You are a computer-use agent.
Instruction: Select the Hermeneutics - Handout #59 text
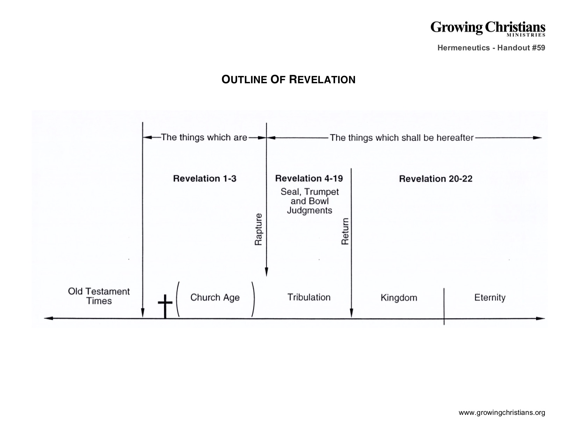coord(491,48)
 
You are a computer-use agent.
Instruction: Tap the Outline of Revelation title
coord(288,80)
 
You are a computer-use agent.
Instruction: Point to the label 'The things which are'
coord(204,137)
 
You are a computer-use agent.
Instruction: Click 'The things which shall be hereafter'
coord(401,137)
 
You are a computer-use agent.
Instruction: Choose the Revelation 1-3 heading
coord(205,178)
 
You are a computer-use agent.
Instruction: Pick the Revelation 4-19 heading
coord(309,178)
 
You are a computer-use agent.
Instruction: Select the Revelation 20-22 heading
coord(436,179)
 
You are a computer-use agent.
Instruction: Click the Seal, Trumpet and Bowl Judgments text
coord(309,201)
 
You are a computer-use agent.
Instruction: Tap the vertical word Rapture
coord(258,229)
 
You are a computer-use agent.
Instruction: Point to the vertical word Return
coord(345,231)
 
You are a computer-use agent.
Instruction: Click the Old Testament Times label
coord(99,296)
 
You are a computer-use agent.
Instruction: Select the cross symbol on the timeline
coord(165,306)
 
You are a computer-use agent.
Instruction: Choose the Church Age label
coord(215,298)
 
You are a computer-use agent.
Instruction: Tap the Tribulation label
coord(309,297)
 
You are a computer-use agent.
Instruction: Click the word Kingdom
coord(399,298)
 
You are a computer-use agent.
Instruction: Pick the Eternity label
coord(490,298)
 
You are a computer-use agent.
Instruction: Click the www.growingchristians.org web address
coord(502,412)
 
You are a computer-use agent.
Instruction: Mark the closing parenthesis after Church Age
coord(253,299)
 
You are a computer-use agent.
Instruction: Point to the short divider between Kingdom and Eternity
coord(444,306)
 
